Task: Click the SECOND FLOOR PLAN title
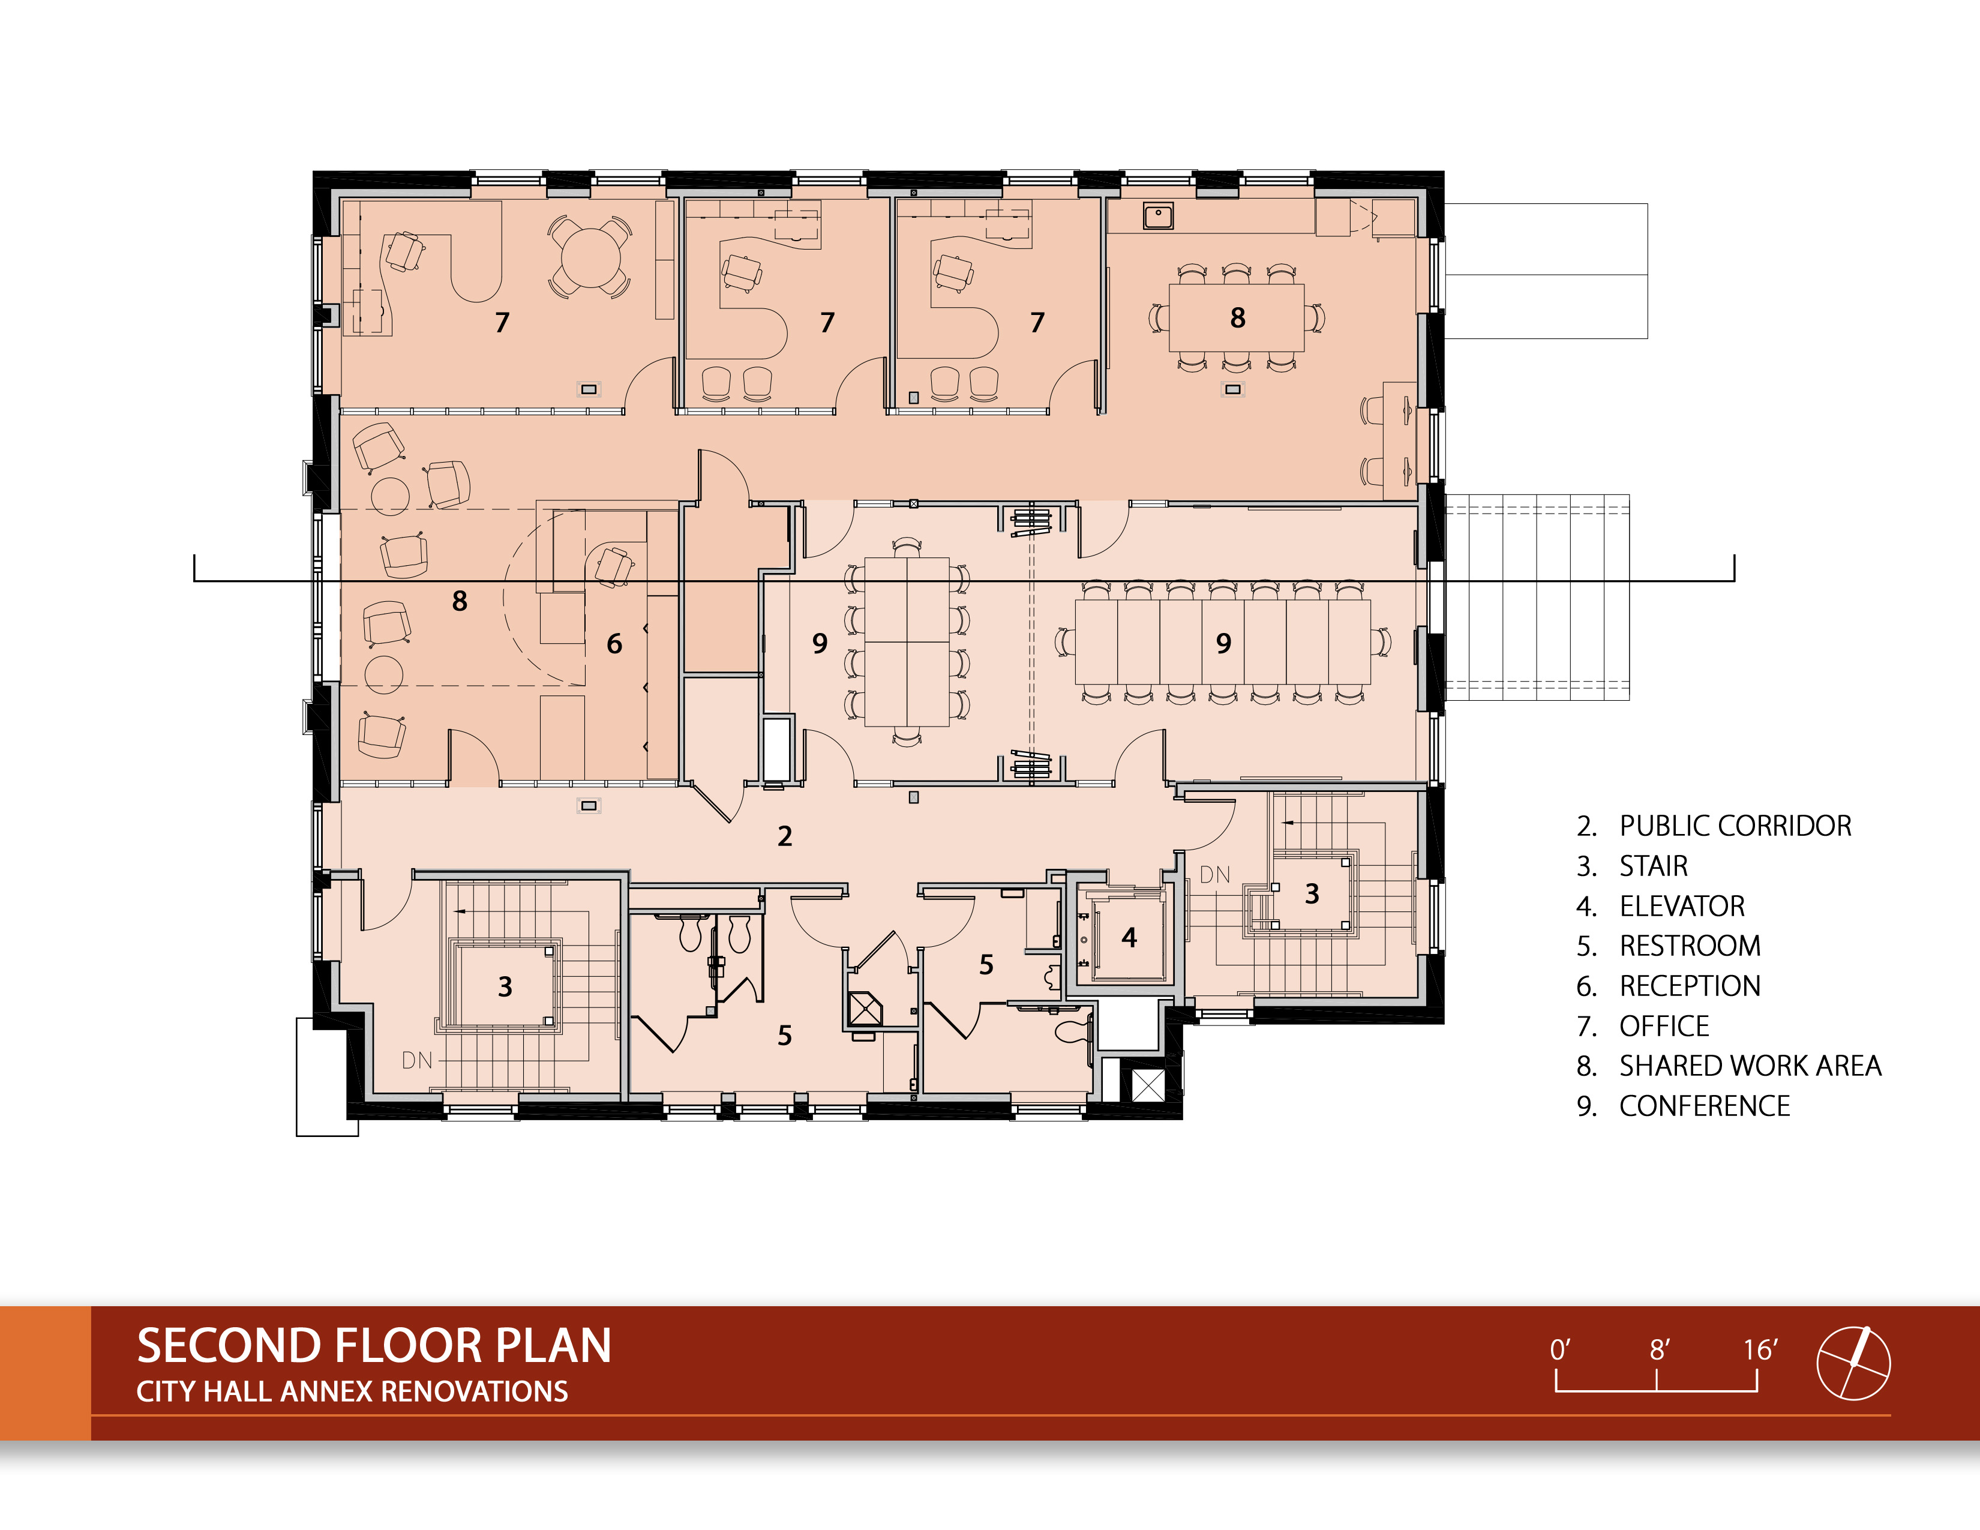[x=374, y=1345]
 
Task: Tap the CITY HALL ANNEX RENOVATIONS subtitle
[x=352, y=1391]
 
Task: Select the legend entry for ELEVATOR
[x=1660, y=905]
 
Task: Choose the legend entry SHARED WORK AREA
[x=1729, y=1066]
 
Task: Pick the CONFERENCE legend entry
[x=1682, y=1106]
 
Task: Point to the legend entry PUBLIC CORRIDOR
[x=1714, y=826]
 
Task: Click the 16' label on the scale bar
[x=1760, y=1349]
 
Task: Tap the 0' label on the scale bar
[x=1559, y=1349]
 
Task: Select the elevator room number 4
[x=1129, y=937]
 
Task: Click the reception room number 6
[x=614, y=644]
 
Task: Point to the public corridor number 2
[x=785, y=836]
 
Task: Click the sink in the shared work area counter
[x=1158, y=217]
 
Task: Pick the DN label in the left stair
[x=417, y=1060]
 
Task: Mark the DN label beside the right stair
[x=1215, y=875]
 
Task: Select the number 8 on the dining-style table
[x=1237, y=317]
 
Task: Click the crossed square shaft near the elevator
[x=1147, y=1085]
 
